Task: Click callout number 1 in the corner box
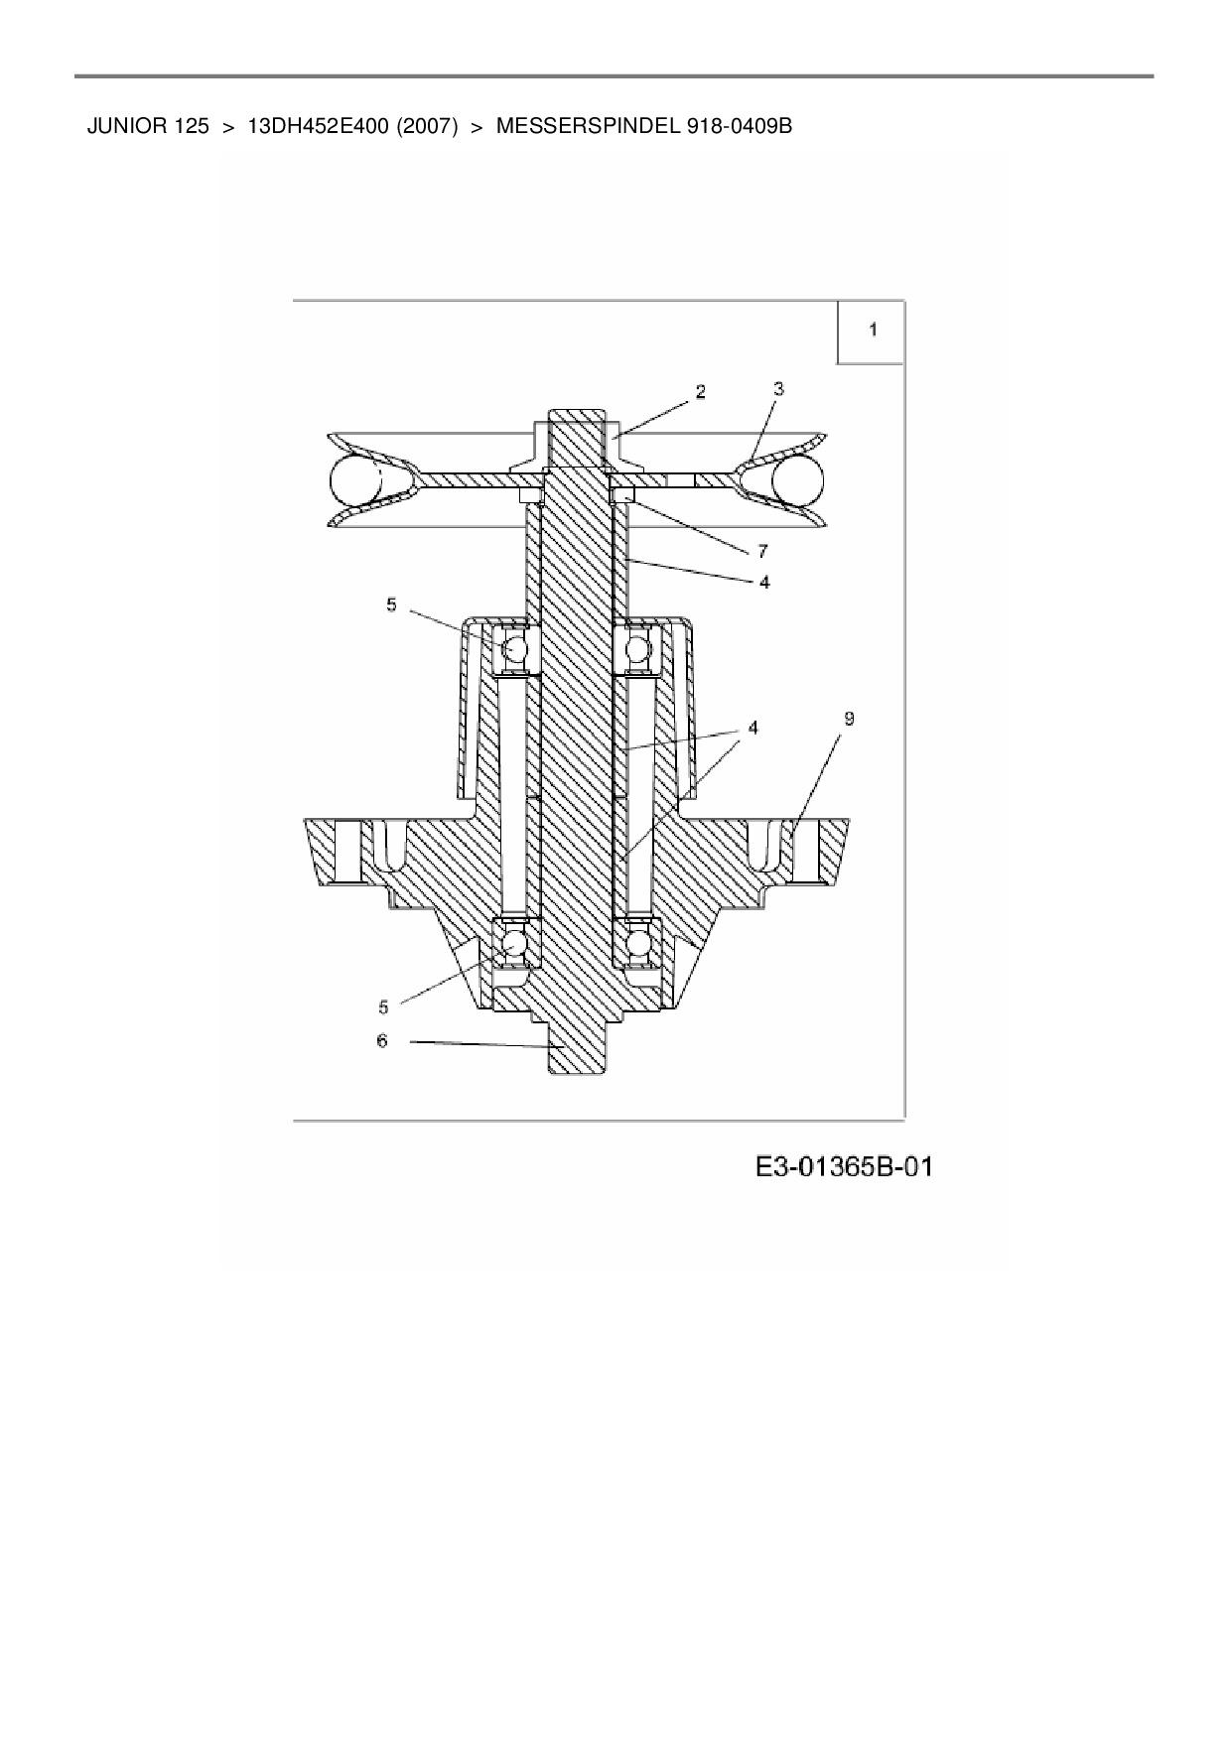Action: pyautogui.click(x=873, y=330)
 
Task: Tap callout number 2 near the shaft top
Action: pyautogui.click(x=701, y=392)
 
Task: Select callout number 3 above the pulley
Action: pyautogui.click(x=778, y=390)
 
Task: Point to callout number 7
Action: pyautogui.click(x=762, y=550)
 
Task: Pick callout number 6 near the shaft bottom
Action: pyautogui.click(x=382, y=1040)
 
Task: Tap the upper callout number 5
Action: pyautogui.click(x=391, y=603)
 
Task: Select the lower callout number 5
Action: pyautogui.click(x=383, y=1006)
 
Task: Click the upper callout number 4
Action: pyautogui.click(x=764, y=582)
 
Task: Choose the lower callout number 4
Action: pyautogui.click(x=753, y=728)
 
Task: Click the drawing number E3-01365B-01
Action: pyautogui.click(x=844, y=1166)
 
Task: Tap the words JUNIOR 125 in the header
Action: pyautogui.click(x=149, y=127)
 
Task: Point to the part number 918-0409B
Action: pyautogui.click(x=739, y=127)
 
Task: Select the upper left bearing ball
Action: pyautogui.click(x=515, y=649)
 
